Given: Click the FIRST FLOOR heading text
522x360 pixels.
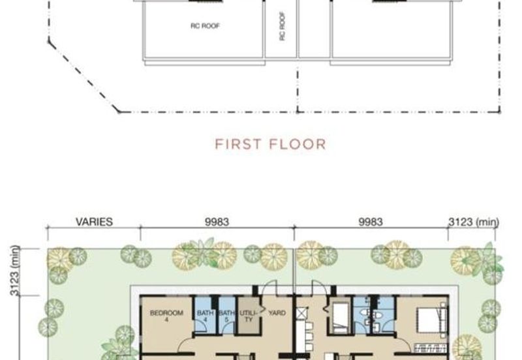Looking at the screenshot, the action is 270,144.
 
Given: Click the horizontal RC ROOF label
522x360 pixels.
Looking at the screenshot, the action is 205,25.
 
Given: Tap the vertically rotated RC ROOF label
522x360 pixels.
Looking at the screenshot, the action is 283,26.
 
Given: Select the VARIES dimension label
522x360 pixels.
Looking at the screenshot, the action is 94,222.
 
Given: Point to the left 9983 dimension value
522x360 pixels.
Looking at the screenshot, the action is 217,222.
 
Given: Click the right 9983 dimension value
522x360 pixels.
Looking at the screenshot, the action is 371,222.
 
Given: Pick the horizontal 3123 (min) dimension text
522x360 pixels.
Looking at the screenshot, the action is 474,222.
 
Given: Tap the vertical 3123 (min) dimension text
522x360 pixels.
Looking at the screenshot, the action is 14,271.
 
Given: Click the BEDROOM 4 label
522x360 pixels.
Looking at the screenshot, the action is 166,316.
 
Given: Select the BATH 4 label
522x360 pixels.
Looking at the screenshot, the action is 205,316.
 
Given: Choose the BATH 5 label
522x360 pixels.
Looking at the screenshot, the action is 226,316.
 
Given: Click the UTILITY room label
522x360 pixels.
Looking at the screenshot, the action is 249,316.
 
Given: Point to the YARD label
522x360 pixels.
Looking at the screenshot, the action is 277,313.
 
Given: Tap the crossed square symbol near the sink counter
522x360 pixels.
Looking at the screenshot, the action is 301,313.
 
